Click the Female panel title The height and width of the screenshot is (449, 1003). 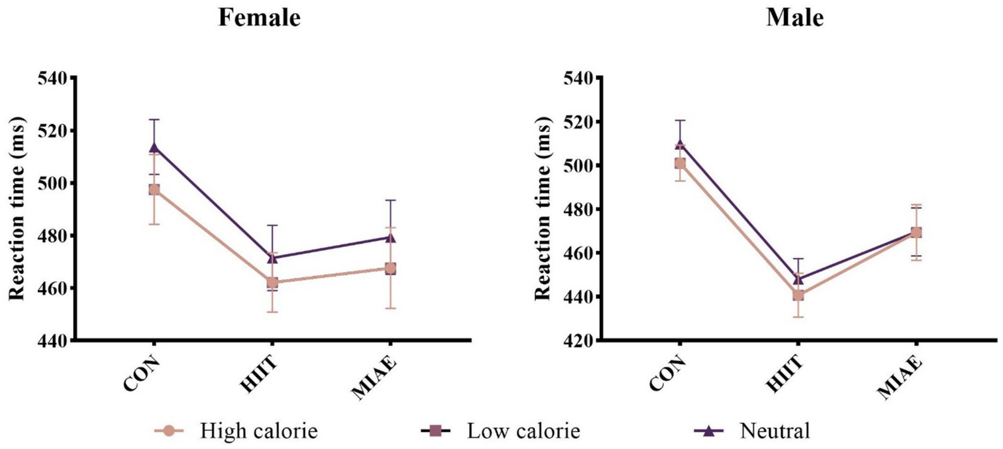click(x=259, y=18)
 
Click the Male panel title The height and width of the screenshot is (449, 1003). click(x=794, y=18)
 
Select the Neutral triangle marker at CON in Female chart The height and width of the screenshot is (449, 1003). click(x=154, y=147)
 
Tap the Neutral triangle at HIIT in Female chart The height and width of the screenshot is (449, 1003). click(x=272, y=258)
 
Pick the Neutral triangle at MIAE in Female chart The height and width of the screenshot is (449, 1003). click(x=390, y=237)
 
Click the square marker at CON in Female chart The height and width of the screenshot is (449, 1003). click(x=154, y=190)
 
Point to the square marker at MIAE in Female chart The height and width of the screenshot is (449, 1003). click(x=390, y=269)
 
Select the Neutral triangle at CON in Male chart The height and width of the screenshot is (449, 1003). click(x=680, y=143)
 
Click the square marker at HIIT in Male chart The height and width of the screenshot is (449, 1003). click(x=798, y=295)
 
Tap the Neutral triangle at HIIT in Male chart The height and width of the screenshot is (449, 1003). click(x=798, y=279)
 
